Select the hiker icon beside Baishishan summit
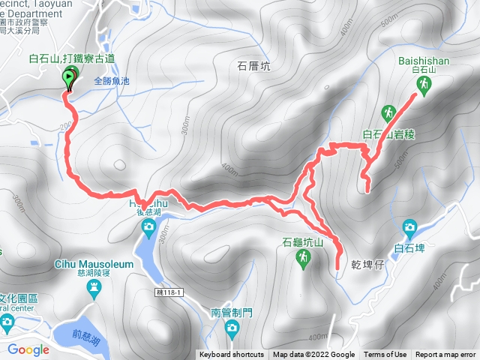point(424,86)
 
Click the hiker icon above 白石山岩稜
point(388,113)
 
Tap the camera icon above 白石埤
point(409,226)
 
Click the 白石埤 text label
point(409,245)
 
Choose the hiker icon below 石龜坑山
point(303,259)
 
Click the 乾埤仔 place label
point(367,265)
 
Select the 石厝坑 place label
point(253,67)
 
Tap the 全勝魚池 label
point(111,80)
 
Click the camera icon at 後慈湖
point(148,226)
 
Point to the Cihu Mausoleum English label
point(93,265)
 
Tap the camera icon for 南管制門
point(232,328)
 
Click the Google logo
point(28,349)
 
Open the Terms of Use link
point(385,355)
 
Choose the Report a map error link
point(445,355)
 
